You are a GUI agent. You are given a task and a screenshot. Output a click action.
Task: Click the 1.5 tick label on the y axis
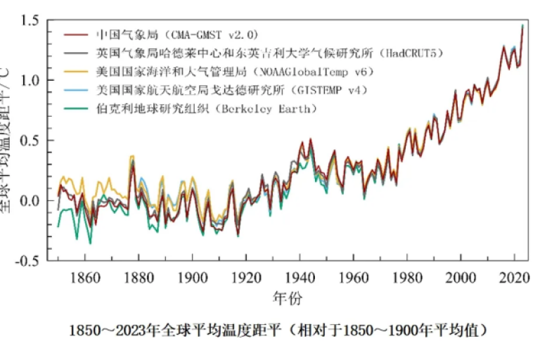[x=30, y=21]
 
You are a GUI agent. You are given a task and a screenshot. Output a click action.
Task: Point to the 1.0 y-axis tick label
[x=30, y=81]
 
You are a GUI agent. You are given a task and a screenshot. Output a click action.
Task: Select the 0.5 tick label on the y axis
[x=30, y=141]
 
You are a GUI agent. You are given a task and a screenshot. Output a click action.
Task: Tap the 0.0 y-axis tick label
[x=30, y=200]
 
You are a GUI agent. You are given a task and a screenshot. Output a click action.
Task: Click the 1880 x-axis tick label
[x=138, y=277]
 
